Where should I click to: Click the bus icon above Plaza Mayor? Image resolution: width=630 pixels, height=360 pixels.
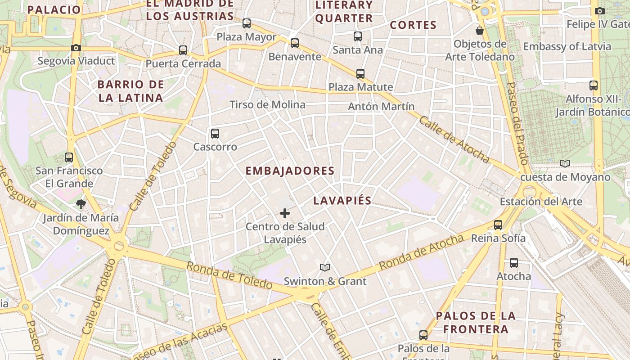pos(247,23)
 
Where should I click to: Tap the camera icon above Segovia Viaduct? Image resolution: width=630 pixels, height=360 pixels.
pos(76,48)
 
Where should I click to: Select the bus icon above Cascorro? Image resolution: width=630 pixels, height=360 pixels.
pos(215,134)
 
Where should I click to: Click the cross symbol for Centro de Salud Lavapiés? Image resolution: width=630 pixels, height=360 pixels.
pos(285,213)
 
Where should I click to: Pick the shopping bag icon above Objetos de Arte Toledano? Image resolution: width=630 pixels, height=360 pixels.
pos(480,31)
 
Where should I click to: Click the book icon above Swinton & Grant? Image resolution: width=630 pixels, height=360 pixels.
pos(325,268)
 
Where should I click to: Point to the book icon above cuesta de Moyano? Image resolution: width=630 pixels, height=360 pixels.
pos(565,164)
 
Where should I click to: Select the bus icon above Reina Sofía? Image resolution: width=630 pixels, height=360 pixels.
pos(498,225)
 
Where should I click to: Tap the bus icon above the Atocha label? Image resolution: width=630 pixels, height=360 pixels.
pos(514,263)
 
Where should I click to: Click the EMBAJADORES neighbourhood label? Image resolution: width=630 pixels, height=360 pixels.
pos(290,171)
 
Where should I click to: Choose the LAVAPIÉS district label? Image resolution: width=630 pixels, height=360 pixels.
pos(342,201)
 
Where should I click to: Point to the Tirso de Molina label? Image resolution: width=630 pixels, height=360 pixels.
pos(267,105)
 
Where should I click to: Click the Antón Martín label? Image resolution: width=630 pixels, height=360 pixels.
pos(381,107)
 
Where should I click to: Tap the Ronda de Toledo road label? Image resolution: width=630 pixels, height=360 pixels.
pos(229,275)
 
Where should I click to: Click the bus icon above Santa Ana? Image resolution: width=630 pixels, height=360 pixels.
pos(358,36)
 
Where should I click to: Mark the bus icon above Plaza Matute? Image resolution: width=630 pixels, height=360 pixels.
pos(360,74)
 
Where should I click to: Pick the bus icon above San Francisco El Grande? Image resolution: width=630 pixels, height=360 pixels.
pos(69,157)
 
